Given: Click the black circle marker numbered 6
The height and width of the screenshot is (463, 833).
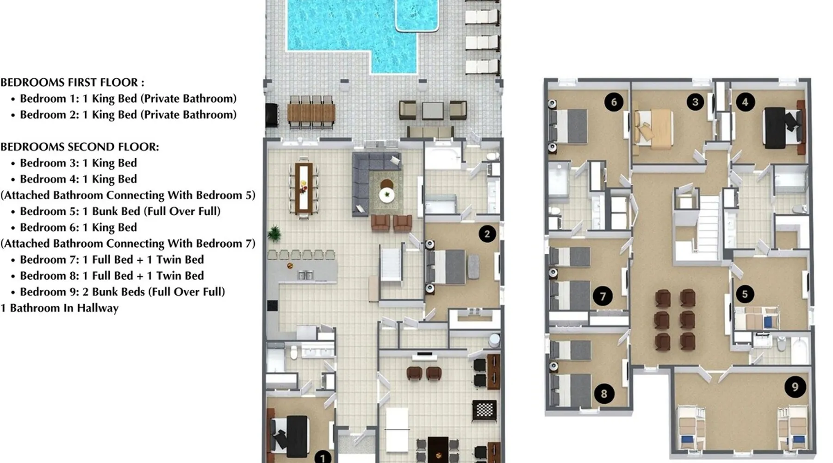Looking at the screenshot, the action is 614,102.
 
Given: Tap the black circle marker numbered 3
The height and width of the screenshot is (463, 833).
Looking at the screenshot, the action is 695,102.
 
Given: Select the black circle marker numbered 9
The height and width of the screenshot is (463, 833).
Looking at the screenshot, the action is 795,387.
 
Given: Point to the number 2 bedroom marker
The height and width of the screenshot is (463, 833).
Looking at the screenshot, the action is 487,234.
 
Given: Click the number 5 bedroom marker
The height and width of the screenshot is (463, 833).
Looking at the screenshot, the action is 745,294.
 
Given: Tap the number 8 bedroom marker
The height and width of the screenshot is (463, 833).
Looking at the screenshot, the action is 604,394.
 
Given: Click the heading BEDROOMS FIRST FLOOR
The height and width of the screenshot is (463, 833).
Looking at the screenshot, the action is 72,82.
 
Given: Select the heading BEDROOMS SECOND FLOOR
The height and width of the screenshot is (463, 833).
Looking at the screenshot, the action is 80,147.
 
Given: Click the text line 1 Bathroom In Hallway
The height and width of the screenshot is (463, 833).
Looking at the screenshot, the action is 59,308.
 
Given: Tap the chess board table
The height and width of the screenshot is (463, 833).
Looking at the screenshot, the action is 484,411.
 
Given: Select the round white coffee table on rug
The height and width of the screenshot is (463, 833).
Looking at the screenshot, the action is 387,195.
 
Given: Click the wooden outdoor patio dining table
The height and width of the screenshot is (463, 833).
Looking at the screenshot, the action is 311,113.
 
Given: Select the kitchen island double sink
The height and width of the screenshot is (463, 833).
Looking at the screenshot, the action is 305,275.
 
